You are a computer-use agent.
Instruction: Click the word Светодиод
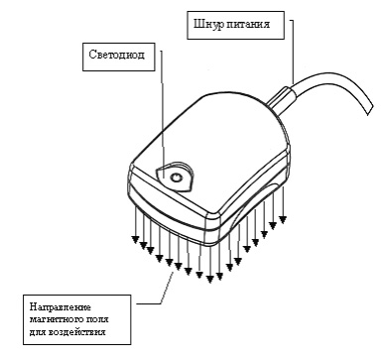(x=117, y=55)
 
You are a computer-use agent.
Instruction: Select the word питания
(x=248, y=25)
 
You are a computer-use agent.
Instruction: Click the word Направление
(x=61, y=307)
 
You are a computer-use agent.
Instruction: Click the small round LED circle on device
(x=176, y=178)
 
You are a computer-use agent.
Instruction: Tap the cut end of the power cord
(x=369, y=110)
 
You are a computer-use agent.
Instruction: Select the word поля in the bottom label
(x=98, y=319)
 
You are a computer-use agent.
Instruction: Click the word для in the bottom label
(x=38, y=332)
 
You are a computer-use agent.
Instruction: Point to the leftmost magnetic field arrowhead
(x=135, y=239)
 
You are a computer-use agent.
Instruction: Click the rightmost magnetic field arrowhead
(x=283, y=219)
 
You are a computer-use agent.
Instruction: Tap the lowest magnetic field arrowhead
(x=210, y=280)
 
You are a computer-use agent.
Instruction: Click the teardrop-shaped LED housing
(x=175, y=177)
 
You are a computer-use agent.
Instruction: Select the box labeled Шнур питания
(x=235, y=25)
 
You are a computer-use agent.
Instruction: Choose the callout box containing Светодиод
(x=118, y=57)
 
